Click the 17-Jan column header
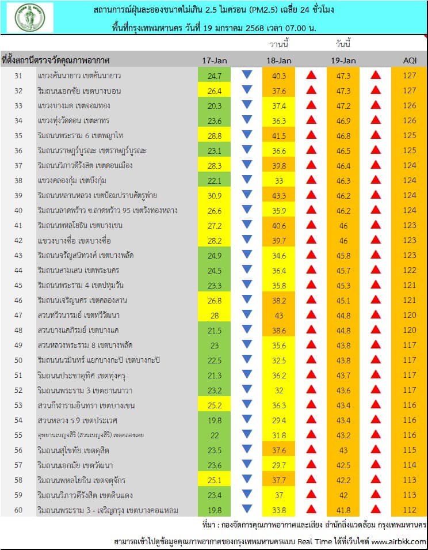[215, 60]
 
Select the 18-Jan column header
[279, 60]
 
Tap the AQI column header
[409, 60]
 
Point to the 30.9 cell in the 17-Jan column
[215, 195]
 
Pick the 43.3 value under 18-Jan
[279, 195]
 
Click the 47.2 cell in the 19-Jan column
[343, 105]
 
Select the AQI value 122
[409, 270]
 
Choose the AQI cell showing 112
[409, 510]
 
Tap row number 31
[18, 75]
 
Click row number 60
[18, 510]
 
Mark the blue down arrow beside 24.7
[247, 75]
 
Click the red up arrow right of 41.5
[311, 135]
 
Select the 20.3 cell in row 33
[215, 105]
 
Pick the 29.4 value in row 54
[279, 420]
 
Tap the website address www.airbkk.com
[398, 541]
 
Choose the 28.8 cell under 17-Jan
[215, 135]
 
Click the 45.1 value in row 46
[343, 300]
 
